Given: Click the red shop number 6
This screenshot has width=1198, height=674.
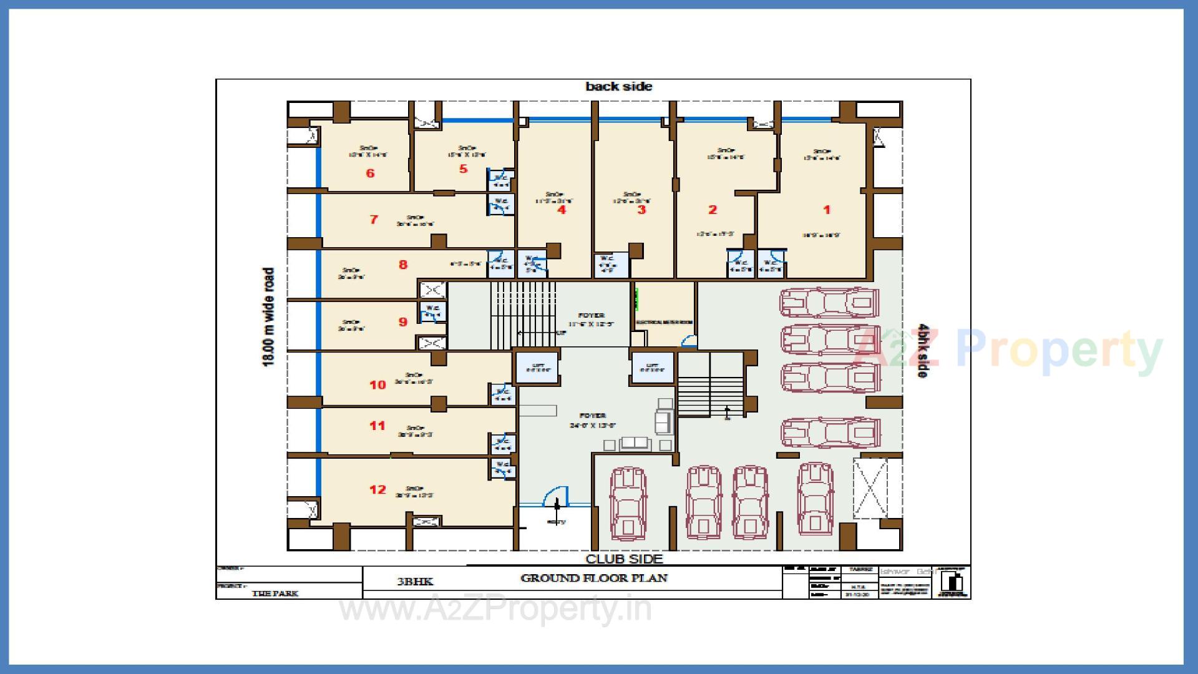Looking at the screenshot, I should point(370,173).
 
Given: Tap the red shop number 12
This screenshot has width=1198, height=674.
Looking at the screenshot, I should point(377,489).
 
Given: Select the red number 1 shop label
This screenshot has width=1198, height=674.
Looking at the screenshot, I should point(827,210).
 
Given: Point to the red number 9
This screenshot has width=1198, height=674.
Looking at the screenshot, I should point(403,322).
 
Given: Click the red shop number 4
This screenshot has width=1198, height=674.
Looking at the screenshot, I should point(562,210).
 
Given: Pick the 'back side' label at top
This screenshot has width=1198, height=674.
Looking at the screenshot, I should point(618,87).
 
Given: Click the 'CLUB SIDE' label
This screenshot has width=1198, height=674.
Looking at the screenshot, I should point(624,559).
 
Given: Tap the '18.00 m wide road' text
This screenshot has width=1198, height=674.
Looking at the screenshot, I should point(268,317).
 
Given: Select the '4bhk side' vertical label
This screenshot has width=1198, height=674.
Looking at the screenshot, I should point(922,350).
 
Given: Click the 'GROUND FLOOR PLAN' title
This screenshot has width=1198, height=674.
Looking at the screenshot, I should point(593,578).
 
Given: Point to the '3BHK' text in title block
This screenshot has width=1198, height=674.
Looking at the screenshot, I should point(415,582).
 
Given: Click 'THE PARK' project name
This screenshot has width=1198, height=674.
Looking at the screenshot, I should point(275,593).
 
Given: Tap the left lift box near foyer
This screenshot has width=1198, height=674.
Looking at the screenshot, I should point(537,368).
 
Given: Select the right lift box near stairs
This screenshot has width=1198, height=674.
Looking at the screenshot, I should point(652,368).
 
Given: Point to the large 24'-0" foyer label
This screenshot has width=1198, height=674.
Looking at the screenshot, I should point(592,420).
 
